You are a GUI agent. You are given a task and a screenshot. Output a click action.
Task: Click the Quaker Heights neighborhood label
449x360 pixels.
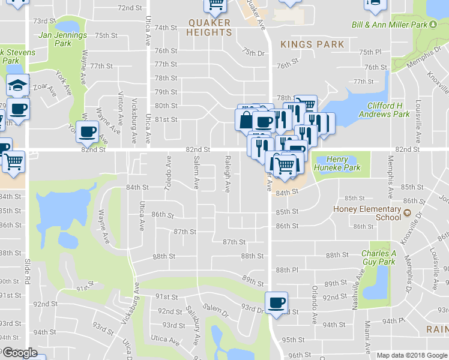208,28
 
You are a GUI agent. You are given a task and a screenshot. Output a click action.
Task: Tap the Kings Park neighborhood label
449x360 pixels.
312,44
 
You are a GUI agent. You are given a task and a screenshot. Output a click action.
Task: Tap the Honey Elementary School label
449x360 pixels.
367,214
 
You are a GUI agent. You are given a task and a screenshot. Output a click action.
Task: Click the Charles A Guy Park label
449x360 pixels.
378,257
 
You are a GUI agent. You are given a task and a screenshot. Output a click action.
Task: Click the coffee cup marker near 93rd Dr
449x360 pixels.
276,302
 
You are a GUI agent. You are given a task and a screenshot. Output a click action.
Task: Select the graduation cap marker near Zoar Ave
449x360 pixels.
18,85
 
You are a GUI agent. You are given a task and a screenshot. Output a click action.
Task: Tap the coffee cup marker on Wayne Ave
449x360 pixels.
88,131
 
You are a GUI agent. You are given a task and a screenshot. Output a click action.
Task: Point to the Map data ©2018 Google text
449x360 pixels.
412,355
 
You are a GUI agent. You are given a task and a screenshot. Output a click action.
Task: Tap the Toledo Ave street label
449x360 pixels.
169,174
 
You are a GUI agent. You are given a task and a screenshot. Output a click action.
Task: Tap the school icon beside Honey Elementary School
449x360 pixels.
406,213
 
